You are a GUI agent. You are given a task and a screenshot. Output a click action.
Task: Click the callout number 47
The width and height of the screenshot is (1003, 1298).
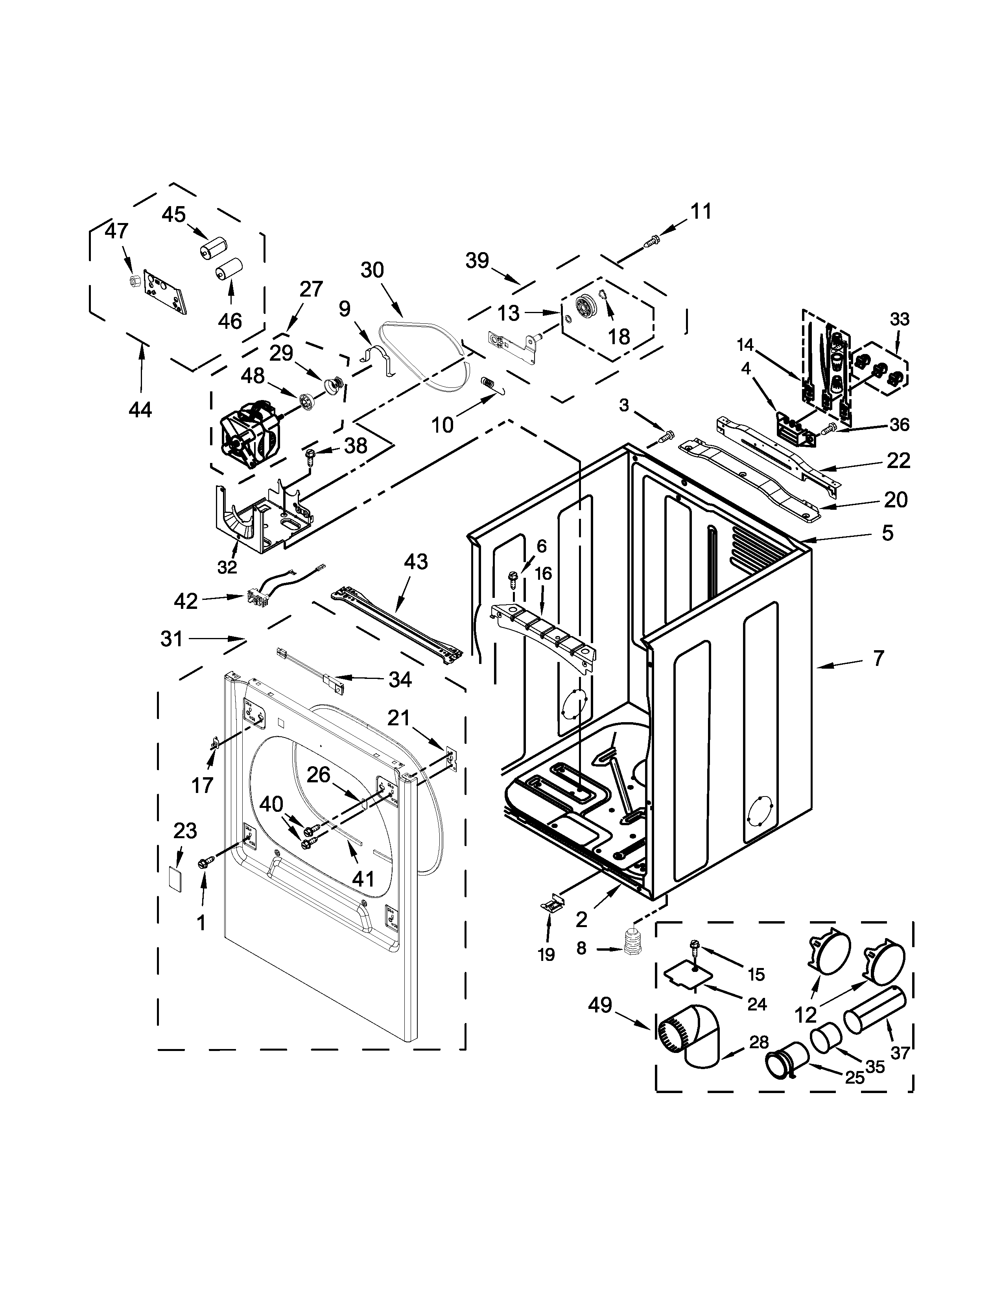pyautogui.click(x=116, y=231)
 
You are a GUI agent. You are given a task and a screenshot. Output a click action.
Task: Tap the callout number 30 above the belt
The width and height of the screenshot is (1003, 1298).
pyautogui.click(x=372, y=271)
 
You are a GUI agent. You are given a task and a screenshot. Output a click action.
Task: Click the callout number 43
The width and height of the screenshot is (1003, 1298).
pyautogui.click(x=416, y=562)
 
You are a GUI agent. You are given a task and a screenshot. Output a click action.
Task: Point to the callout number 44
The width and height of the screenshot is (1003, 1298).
pyautogui.click(x=140, y=409)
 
